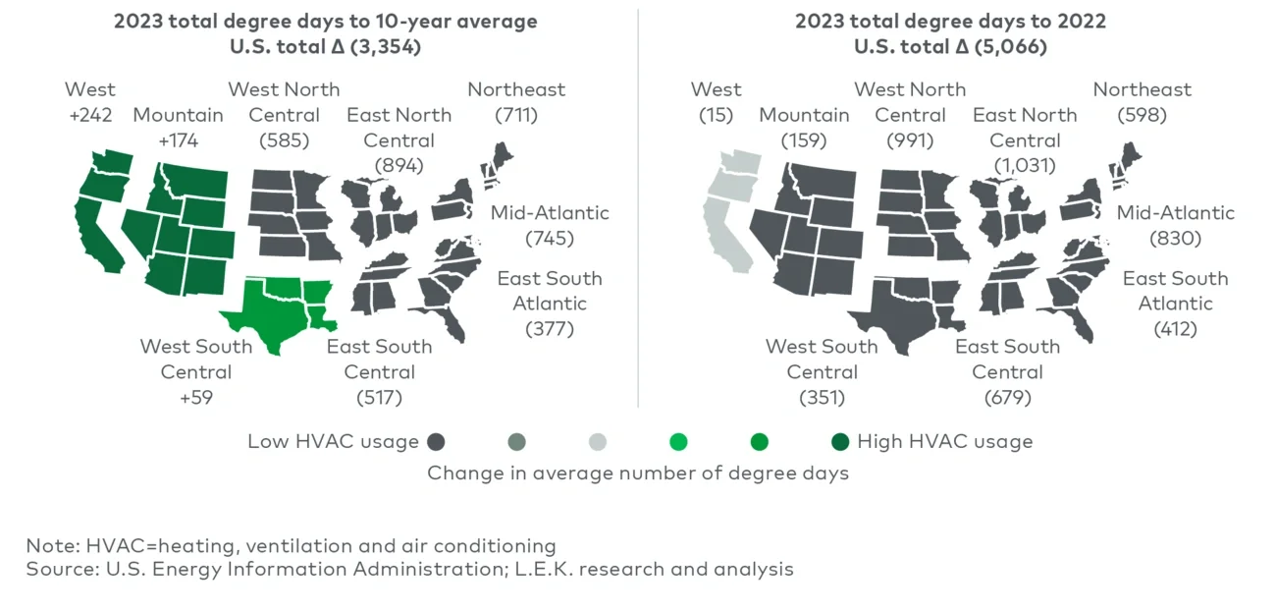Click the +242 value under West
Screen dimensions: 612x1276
90,115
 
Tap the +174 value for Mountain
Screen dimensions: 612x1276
178,140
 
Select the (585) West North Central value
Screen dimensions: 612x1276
284,140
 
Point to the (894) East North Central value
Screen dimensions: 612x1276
399,166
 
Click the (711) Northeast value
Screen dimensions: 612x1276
516,115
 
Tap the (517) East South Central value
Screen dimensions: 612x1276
379,398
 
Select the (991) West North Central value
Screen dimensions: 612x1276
909,140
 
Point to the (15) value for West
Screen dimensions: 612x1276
716,115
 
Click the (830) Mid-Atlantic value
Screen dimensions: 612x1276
1175,239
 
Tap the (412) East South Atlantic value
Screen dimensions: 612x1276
1175,329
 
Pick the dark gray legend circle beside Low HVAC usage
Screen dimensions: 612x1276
438,442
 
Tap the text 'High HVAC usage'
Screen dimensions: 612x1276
944,442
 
